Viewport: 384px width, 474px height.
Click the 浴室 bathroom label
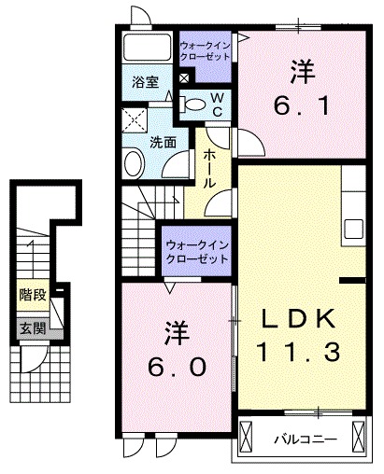[x=145, y=81]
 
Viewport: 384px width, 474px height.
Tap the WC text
[x=213, y=105]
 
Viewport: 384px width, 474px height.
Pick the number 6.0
[x=174, y=367]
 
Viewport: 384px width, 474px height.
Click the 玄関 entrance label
[x=33, y=328]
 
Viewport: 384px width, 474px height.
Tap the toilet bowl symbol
[x=192, y=105]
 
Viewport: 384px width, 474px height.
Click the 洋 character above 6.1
[x=300, y=70]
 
